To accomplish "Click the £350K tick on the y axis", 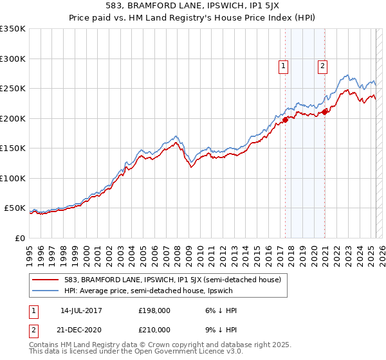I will point(13,29).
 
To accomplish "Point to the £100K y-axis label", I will point(13,178).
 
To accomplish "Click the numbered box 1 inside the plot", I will point(283,65).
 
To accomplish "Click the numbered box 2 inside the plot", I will point(322,65).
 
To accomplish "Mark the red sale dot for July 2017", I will point(285,119).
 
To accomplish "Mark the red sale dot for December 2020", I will point(325,112).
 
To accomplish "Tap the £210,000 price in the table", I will point(154,330).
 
